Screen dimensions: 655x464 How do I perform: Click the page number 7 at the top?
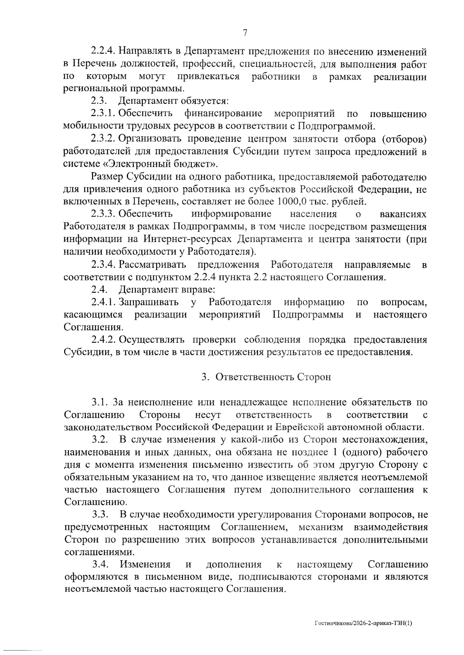pyautogui.click(x=245, y=33)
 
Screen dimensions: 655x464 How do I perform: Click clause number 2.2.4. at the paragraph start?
pyautogui.click(x=104, y=51)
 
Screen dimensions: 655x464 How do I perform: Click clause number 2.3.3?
pyautogui.click(x=104, y=214)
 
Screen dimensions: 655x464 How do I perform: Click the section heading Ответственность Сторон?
pyautogui.click(x=273, y=377)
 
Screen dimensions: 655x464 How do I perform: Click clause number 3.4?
pyautogui.click(x=99, y=565)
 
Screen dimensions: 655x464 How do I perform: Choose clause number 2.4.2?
pyautogui.click(x=104, y=340)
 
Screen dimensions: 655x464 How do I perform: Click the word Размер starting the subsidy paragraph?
pyautogui.click(x=107, y=177)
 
